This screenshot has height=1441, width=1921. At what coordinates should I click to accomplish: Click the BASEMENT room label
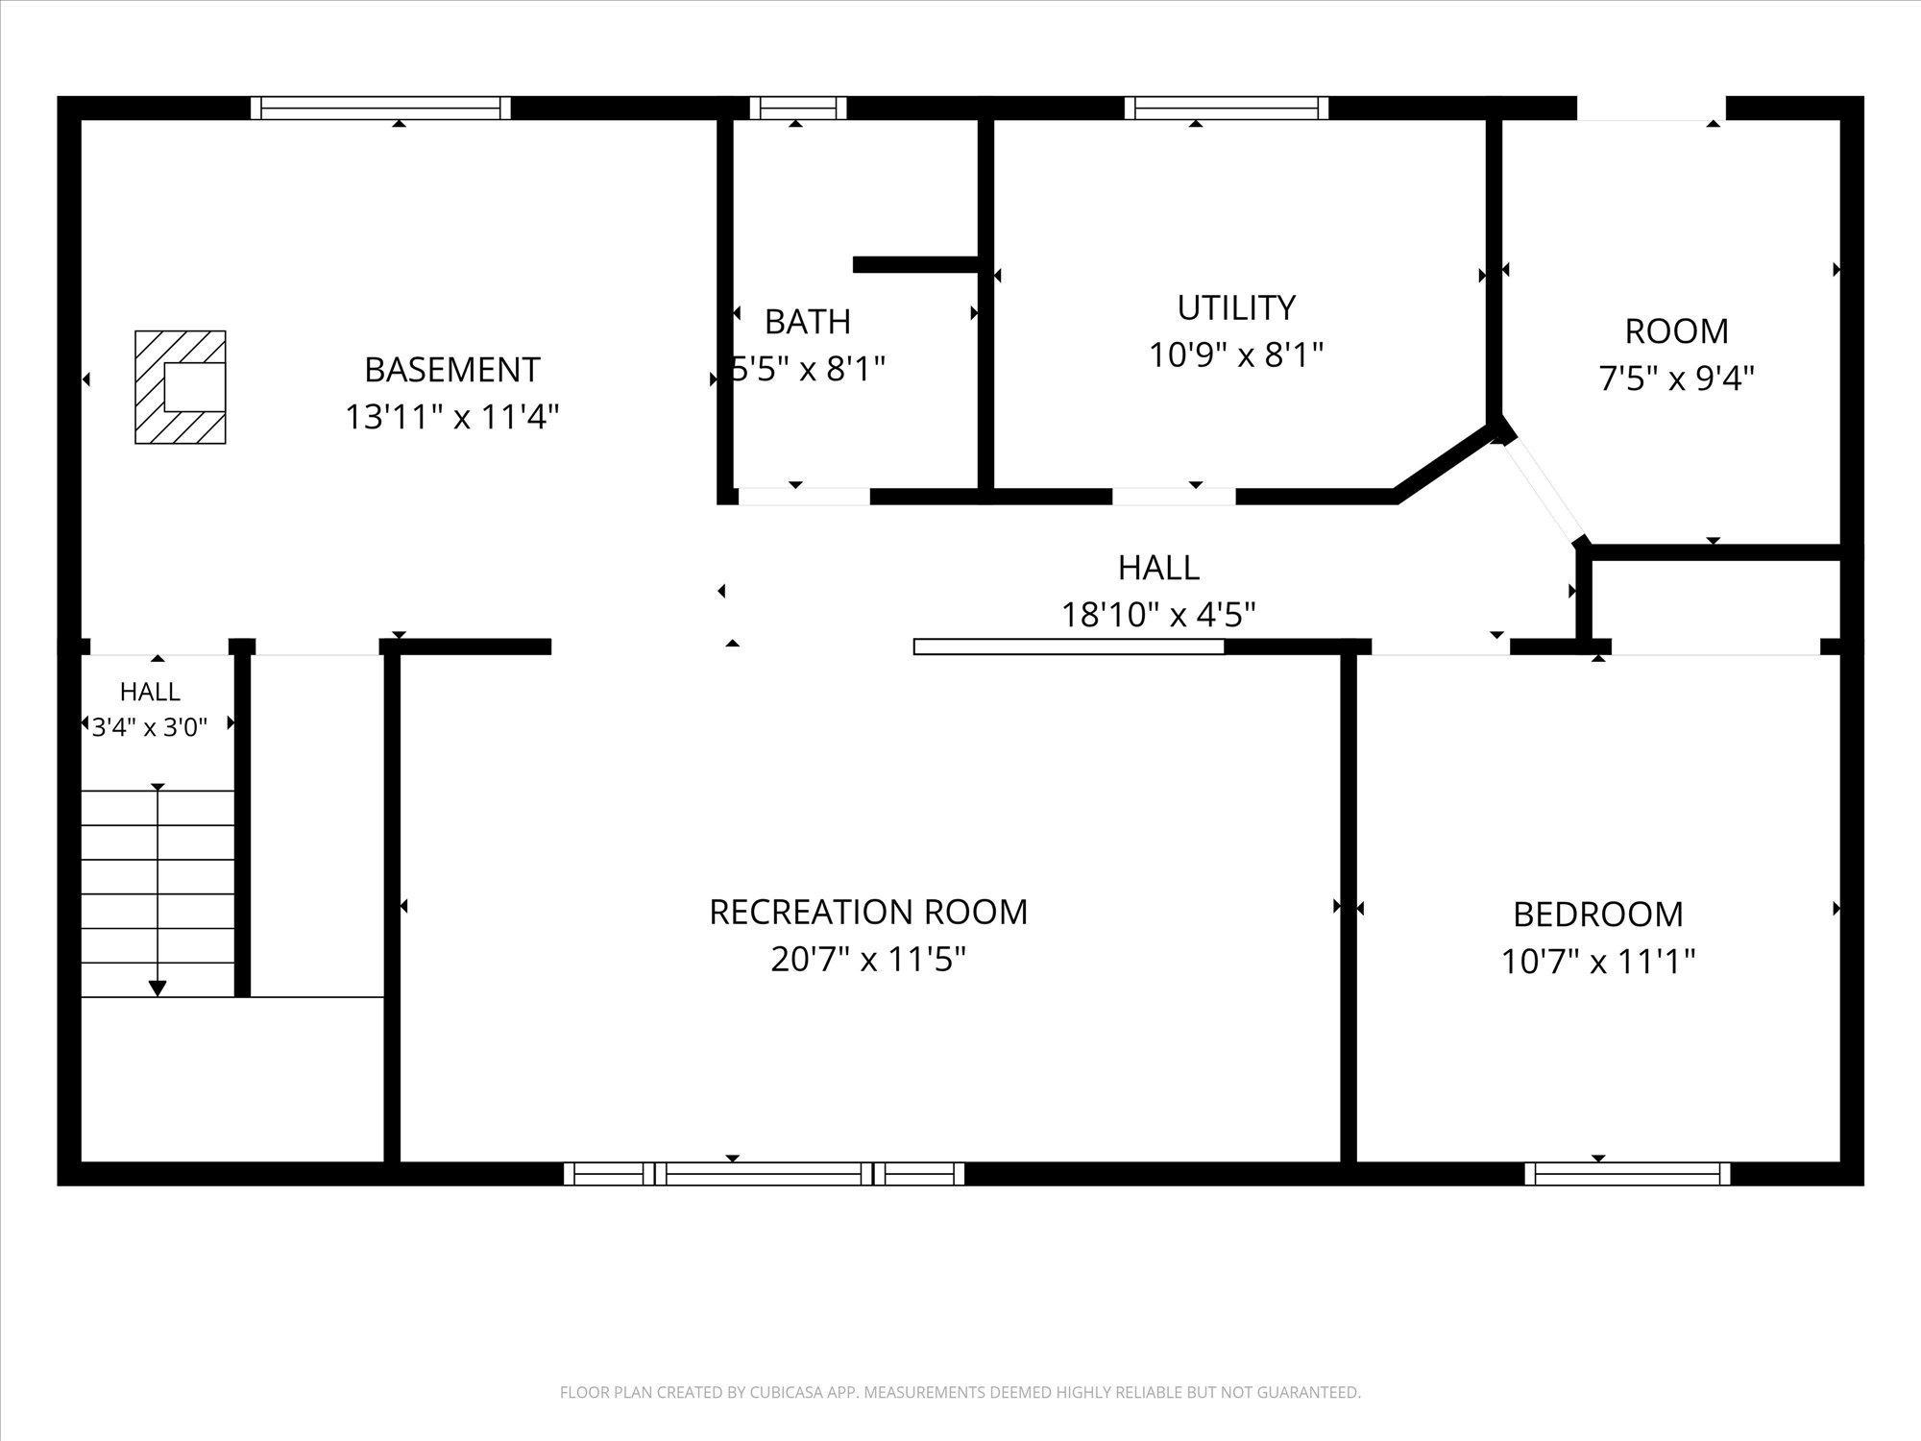point(452,370)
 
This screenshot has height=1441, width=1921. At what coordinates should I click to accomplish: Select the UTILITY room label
point(1236,308)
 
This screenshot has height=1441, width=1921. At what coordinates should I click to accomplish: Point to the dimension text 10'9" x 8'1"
point(1236,355)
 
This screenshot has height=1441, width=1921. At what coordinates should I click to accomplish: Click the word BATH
point(808,322)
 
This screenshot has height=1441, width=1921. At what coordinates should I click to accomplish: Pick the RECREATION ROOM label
point(868,912)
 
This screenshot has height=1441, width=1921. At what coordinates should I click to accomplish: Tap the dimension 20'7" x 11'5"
point(868,959)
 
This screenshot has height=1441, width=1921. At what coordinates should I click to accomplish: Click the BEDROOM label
point(1598,914)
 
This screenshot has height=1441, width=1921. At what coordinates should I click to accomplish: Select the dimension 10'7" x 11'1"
point(1598,961)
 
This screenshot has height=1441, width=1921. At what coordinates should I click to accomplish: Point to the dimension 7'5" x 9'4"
point(1676,379)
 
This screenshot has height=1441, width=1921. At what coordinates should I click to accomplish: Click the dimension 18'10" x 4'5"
point(1158,614)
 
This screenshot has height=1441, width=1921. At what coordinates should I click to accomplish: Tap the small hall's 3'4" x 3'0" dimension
point(150,727)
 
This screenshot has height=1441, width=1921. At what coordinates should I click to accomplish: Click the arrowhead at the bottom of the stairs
point(158,988)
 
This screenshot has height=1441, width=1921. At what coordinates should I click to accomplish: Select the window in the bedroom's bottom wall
point(1627,1173)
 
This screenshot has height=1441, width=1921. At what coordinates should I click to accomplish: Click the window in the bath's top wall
point(798,108)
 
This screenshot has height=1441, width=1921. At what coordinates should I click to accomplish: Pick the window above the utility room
point(1227,108)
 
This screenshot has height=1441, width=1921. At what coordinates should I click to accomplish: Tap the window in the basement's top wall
point(380,108)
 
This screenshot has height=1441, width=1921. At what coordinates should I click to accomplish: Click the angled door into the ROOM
point(1543,490)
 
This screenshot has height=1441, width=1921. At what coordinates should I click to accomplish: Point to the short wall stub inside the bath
point(915,264)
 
